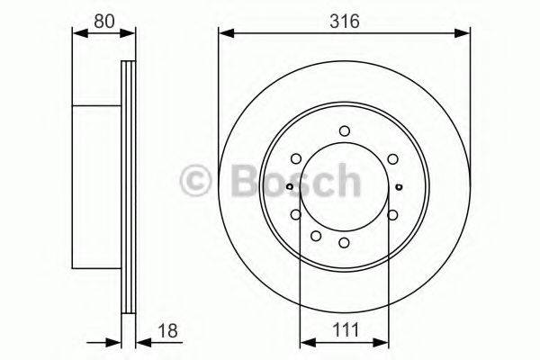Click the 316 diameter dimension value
click(x=345, y=21)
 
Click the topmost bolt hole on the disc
click(x=345, y=131)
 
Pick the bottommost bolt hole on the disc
click(x=345, y=243)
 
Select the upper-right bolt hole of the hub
click(x=393, y=159)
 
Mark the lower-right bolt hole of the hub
click(x=393, y=214)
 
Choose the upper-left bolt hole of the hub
click(x=296, y=159)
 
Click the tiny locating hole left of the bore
click(x=289, y=187)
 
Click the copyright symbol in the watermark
click(x=195, y=181)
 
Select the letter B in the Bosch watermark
click(x=232, y=181)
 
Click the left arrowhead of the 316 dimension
click(x=223, y=34)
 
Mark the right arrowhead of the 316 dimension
click(x=465, y=34)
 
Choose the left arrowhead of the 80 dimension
click(x=76, y=34)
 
